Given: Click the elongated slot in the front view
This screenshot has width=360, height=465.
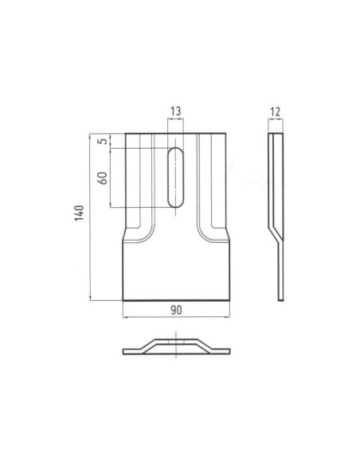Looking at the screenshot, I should (x=176, y=177).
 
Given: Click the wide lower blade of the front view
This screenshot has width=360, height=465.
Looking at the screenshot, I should (x=176, y=271).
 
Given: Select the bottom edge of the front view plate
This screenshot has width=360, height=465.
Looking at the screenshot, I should (x=176, y=300).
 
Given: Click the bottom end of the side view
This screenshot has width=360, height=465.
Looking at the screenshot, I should (x=281, y=299).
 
